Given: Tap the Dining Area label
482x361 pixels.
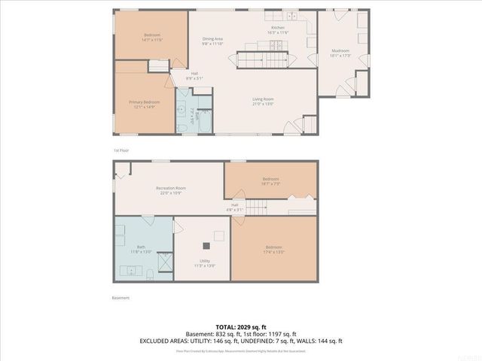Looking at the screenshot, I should tap(212, 41).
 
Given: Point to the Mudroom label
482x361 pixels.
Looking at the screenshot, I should tap(341, 53).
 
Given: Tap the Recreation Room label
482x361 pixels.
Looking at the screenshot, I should tap(171, 190).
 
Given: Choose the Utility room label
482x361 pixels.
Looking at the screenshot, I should tap(204, 263).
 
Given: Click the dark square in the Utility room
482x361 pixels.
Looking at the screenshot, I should tap(205, 246).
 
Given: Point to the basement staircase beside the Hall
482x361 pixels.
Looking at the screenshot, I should tap(258, 208).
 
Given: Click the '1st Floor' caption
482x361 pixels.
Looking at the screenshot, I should tap(121, 150).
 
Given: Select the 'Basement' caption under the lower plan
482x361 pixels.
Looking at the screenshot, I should tap(120, 298).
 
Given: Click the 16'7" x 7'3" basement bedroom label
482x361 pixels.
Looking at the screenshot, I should tap(270, 181).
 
